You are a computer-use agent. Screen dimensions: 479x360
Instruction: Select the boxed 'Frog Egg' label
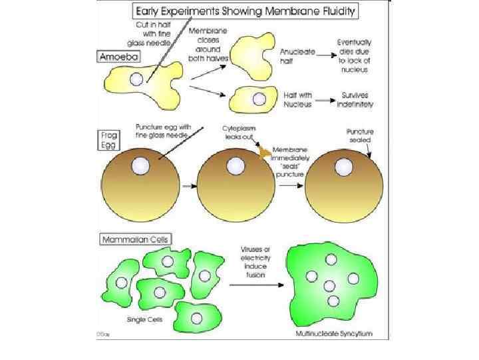pos(110,141)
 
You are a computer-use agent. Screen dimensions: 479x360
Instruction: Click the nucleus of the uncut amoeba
pos(136,80)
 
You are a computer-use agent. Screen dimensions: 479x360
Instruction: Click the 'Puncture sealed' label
pos(360,136)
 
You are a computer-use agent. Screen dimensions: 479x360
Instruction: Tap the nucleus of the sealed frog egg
pos(345,165)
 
